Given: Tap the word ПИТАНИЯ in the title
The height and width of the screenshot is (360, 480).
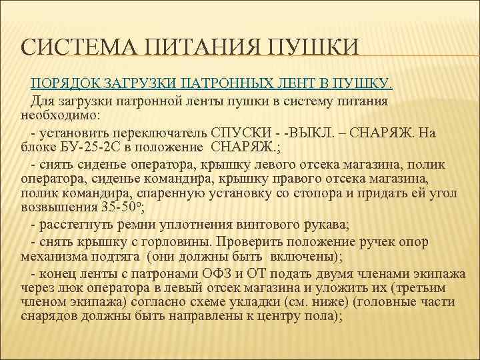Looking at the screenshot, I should click(x=195, y=48).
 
